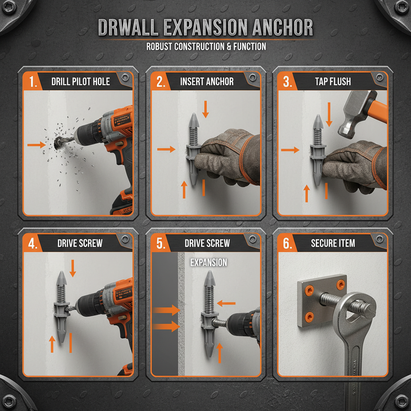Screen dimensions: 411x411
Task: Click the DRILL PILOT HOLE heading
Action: tap(80, 82)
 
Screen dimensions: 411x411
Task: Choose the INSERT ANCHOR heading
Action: tap(207, 82)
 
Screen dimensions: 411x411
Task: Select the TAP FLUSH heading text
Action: tap(333, 82)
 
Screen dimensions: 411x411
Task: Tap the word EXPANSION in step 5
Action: tap(208, 263)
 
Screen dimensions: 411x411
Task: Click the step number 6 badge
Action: tap(287, 244)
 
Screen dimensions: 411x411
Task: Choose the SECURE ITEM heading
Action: tap(333, 243)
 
